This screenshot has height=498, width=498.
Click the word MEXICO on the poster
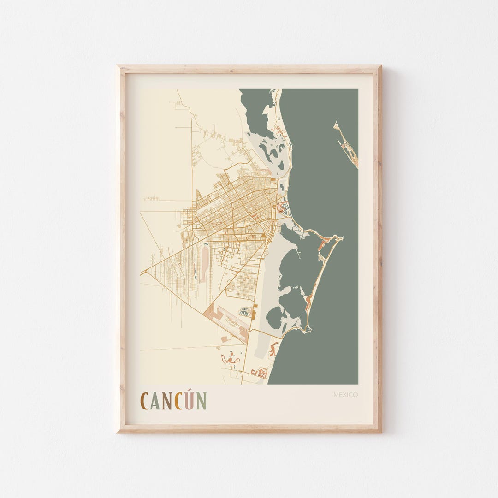pyautogui.click(x=346, y=395)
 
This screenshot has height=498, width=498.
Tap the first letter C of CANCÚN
pyautogui.click(x=144, y=401)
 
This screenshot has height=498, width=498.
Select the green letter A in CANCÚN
pyautogui.click(x=154, y=401)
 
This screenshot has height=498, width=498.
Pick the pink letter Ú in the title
pyautogui.click(x=190, y=401)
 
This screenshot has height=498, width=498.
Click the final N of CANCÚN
pyautogui.click(x=202, y=401)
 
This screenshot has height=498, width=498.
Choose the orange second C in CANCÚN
pyautogui.click(x=178, y=401)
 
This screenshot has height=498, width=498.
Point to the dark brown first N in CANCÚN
pyautogui.click(x=166, y=401)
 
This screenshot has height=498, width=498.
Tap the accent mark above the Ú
pyautogui.click(x=191, y=392)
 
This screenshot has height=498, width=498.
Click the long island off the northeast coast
pyautogui.click(x=347, y=145)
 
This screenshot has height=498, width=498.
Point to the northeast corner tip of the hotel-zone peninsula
pyautogui.click(x=341, y=237)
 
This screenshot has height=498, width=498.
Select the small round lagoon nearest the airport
pyautogui.click(x=275, y=318)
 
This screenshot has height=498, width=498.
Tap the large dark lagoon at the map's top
pyautogui.click(x=256, y=111)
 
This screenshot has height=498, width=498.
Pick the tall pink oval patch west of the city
pyautogui.click(x=204, y=264)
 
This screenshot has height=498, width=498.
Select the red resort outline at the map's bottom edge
pyautogui.click(x=260, y=373)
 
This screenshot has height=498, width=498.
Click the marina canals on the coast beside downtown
pyautogui.click(x=283, y=208)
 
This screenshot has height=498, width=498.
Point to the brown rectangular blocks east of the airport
pyautogui.click(x=254, y=314)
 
